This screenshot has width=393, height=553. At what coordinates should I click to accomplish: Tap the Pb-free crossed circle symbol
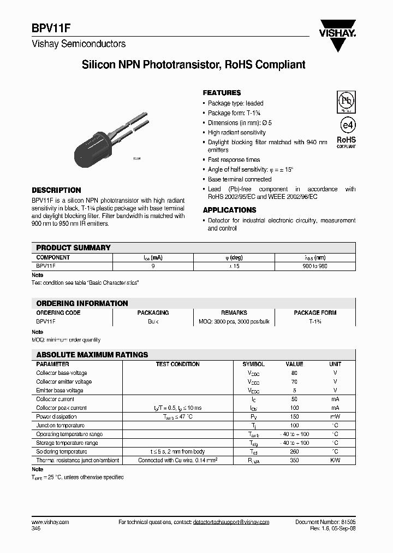click(345, 101)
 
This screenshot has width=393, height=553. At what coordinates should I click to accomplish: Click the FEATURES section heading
click(222, 93)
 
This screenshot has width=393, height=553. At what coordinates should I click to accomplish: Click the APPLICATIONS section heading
click(229, 210)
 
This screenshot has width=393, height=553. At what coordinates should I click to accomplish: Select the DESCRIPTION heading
click(56, 190)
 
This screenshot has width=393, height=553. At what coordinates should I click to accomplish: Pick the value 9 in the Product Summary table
click(153, 266)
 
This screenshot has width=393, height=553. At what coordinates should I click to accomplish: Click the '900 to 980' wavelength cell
click(315, 266)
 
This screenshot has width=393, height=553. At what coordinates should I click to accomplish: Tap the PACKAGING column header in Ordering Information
click(153, 313)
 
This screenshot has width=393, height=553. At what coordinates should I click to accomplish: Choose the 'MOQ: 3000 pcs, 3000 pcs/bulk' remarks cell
click(234, 321)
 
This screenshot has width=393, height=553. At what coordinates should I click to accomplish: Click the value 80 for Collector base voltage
click(294, 373)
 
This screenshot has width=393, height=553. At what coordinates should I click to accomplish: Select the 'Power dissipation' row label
click(57, 416)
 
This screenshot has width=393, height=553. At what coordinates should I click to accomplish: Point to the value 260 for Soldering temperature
click(294, 451)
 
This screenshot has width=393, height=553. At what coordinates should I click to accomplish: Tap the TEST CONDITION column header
click(177, 364)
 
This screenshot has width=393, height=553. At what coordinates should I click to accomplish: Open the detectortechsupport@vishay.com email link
click(231, 522)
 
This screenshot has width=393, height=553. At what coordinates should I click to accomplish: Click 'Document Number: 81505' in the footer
click(325, 522)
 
